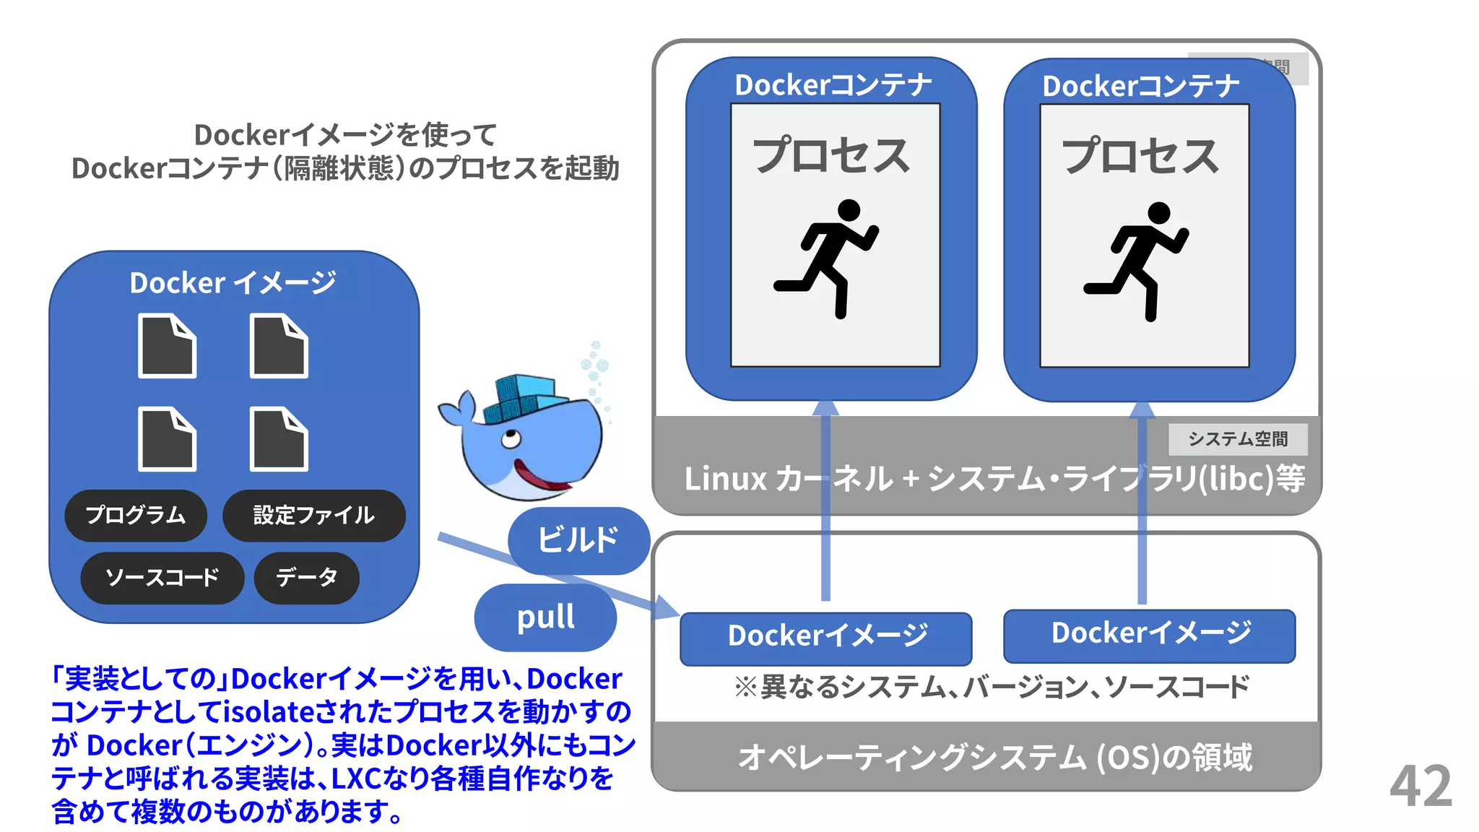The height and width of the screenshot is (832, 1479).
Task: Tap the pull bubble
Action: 545,617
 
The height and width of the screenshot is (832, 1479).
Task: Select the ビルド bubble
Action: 578,540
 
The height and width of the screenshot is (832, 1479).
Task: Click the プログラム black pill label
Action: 136,515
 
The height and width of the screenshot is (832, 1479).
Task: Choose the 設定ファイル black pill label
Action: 313,515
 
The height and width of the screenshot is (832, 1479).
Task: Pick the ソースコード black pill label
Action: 162,578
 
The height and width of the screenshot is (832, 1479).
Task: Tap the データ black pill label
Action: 306,578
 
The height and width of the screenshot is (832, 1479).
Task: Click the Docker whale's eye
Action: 511,438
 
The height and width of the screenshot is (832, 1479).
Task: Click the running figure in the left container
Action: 830,257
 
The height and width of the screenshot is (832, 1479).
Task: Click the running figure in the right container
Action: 1141,260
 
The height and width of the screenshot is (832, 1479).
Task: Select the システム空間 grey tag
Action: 1237,439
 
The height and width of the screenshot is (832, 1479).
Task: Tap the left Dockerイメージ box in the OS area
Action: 825,638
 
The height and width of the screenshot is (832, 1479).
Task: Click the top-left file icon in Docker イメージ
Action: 167,346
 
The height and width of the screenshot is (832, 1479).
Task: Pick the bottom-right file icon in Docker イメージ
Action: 279,439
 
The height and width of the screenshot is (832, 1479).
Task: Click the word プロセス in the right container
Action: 1140,156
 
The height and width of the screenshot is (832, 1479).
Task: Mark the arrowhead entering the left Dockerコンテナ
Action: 825,409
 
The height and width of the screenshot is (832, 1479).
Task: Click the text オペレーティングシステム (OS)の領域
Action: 994,758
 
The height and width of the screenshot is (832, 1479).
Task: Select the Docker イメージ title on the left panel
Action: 233,282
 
